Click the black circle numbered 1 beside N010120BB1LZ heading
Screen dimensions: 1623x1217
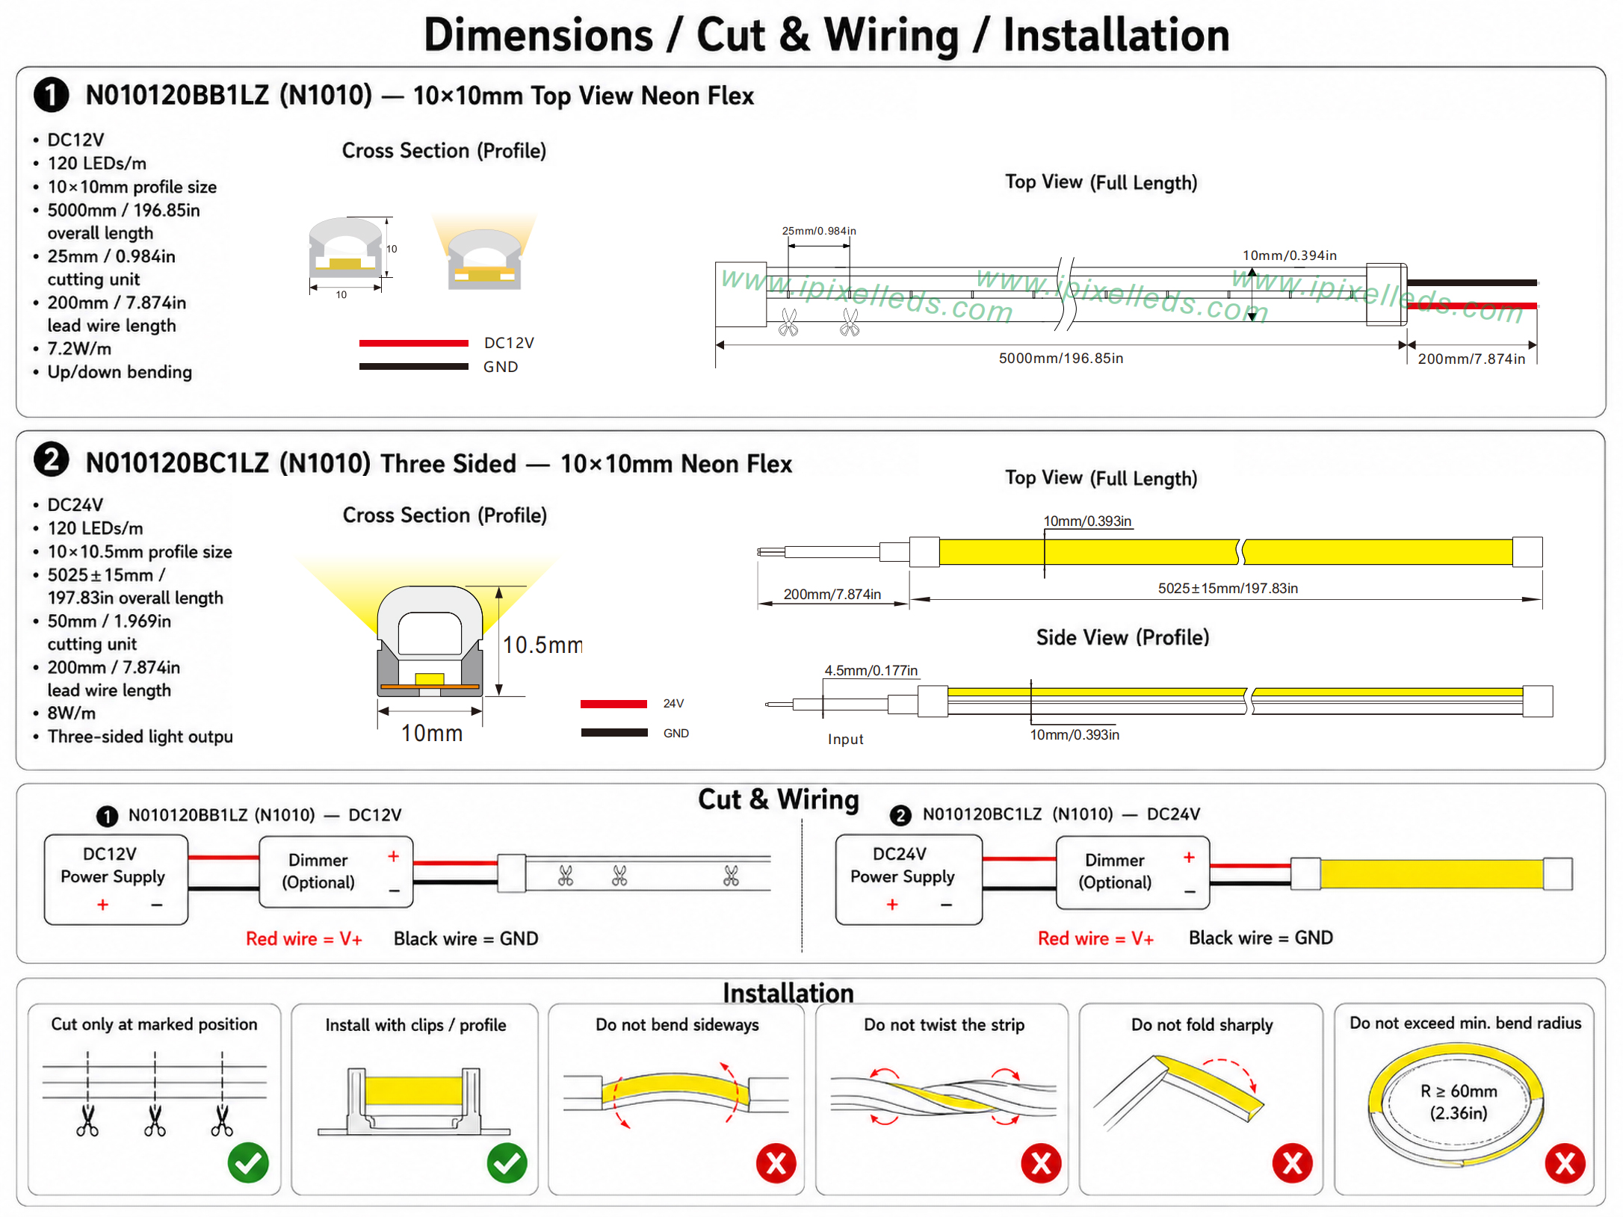(x=52, y=95)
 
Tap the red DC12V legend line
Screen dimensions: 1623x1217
(x=413, y=343)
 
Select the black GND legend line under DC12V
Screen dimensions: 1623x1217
(x=413, y=367)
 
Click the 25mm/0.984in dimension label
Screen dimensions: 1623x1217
(x=819, y=231)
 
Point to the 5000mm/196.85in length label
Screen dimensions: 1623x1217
(x=1061, y=359)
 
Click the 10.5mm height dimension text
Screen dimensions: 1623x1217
(x=542, y=645)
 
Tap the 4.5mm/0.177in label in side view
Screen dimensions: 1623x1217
(x=871, y=670)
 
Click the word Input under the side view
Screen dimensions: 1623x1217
(x=845, y=739)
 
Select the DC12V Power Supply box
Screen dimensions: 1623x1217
(x=116, y=879)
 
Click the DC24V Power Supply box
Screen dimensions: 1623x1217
(x=909, y=879)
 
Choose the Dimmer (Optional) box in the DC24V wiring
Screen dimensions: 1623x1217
(x=1132, y=872)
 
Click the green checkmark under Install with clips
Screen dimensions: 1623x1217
(x=507, y=1162)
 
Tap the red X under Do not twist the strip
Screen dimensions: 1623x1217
(x=1041, y=1162)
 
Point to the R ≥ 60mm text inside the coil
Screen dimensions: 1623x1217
(x=1459, y=1091)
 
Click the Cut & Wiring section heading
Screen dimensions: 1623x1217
(x=778, y=799)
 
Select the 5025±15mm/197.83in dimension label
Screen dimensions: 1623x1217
(x=1228, y=588)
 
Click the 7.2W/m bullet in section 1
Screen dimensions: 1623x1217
(x=79, y=349)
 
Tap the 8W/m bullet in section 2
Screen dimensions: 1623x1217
(x=72, y=713)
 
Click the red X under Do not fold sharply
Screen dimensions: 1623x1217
(x=1292, y=1162)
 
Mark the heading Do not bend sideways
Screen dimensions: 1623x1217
(x=677, y=1025)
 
